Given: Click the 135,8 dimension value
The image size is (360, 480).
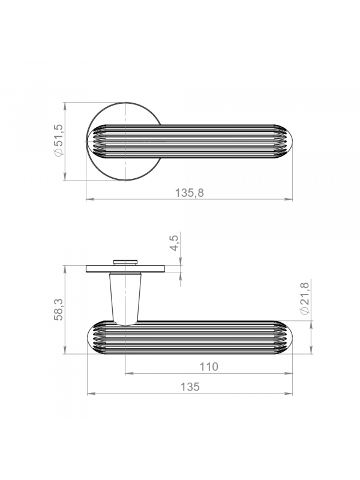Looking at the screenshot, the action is coord(189,193).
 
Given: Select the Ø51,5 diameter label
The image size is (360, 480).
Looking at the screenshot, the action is coord(58,140).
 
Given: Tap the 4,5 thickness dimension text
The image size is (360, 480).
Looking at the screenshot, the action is coord(174,244).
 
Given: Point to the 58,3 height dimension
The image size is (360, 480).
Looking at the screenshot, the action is coord(58,309).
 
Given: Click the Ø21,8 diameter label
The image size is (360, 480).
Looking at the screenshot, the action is coord(305,298).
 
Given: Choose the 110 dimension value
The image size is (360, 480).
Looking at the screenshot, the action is coord(209,367).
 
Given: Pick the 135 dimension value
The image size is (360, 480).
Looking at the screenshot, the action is coord(190,386).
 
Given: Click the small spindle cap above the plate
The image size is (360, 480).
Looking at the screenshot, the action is coord(125,262).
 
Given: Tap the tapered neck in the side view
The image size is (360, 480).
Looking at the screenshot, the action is coord(125,298).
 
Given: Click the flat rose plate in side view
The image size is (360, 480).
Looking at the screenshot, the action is coord(125,269).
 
